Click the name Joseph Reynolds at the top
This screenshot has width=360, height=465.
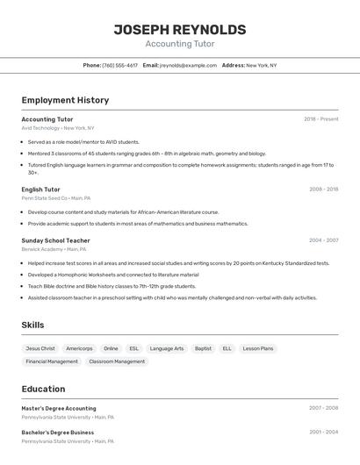[x=179, y=29]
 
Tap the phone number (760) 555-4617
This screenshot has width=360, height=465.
[x=120, y=65]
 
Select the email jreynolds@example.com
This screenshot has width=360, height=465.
[x=188, y=65]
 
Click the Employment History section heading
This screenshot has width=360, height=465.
[x=65, y=100]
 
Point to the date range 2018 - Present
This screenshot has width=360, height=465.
[x=320, y=119]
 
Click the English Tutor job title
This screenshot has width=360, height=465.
[x=40, y=190]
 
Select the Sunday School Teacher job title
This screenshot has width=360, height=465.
[x=55, y=240]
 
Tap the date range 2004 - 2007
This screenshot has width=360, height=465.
[x=323, y=240]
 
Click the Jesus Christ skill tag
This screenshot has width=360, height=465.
[x=40, y=348]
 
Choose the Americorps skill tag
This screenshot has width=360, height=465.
[x=79, y=348]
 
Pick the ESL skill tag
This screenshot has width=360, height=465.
[x=133, y=348]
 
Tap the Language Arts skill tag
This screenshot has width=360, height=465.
[x=167, y=348]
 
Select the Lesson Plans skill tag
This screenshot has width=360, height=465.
[x=257, y=348]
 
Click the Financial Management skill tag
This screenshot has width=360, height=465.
[x=52, y=361]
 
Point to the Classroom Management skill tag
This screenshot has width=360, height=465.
[x=117, y=361]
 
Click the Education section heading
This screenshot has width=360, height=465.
[x=43, y=389]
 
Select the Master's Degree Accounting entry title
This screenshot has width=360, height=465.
[x=59, y=408]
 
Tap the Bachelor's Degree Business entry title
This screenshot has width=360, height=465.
[x=57, y=433]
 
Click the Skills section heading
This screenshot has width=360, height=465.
[x=32, y=325]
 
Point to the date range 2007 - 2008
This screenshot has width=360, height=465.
[x=323, y=408]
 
